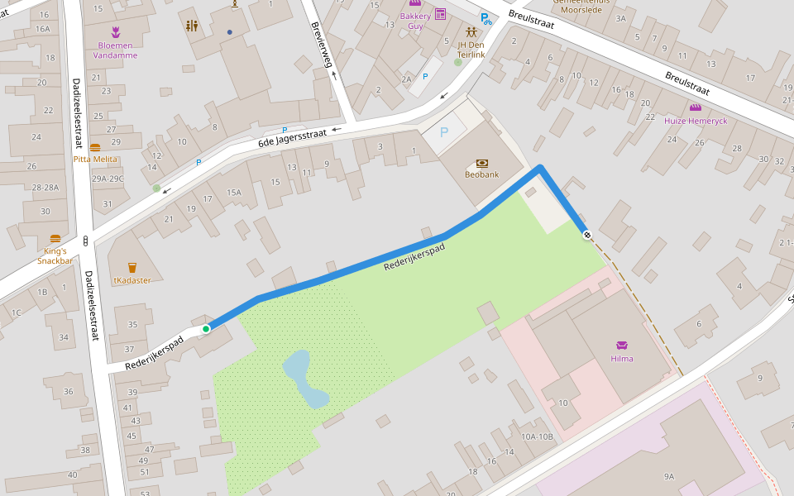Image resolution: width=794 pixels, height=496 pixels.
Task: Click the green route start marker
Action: click(206, 329)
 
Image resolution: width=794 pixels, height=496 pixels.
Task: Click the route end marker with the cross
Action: click(586, 236)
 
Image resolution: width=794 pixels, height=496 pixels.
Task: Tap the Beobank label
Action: click(481, 174)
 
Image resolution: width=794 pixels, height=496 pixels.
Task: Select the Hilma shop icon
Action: click(621, 345)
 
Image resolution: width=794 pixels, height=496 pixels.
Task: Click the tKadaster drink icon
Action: click(132, 267)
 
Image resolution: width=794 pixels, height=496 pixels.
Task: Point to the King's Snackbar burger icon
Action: click(55, 239)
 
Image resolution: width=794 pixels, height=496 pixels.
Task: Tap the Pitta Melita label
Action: click(95, 159)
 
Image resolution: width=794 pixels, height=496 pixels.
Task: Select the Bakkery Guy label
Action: click(415, 21)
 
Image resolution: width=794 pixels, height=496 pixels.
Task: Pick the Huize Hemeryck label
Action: click(695, 121)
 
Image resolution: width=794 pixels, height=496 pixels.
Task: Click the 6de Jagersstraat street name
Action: click(292, 141)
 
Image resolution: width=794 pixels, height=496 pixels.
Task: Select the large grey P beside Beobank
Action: click(444, 132)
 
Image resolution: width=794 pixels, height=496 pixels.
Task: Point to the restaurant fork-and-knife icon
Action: click(193, 26)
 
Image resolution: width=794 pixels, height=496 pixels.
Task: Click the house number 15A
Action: click(234, 193)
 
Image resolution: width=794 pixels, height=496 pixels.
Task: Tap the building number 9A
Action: click(668, 476)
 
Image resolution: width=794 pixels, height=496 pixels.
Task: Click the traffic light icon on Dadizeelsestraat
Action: click(86, 241)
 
